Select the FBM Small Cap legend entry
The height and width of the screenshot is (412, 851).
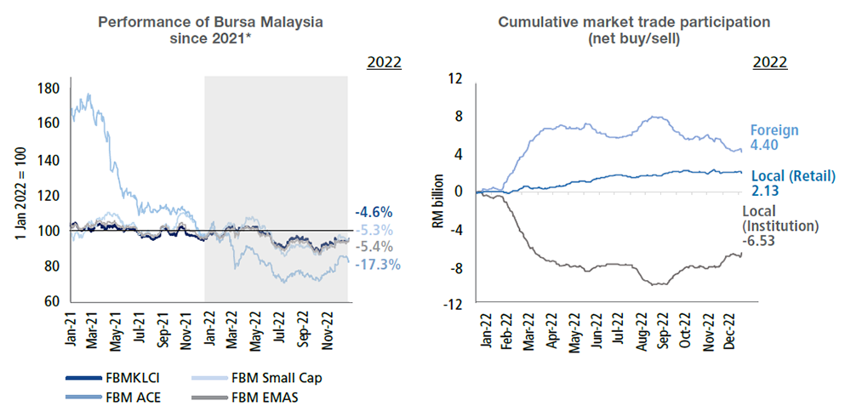268,377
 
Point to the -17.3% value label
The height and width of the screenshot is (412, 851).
378,265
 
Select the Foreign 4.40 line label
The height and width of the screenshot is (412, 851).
774,138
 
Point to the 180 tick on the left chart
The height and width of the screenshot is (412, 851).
49,87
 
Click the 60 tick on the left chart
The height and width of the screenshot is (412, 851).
52,301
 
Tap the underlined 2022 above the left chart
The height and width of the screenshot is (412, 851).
384,62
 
